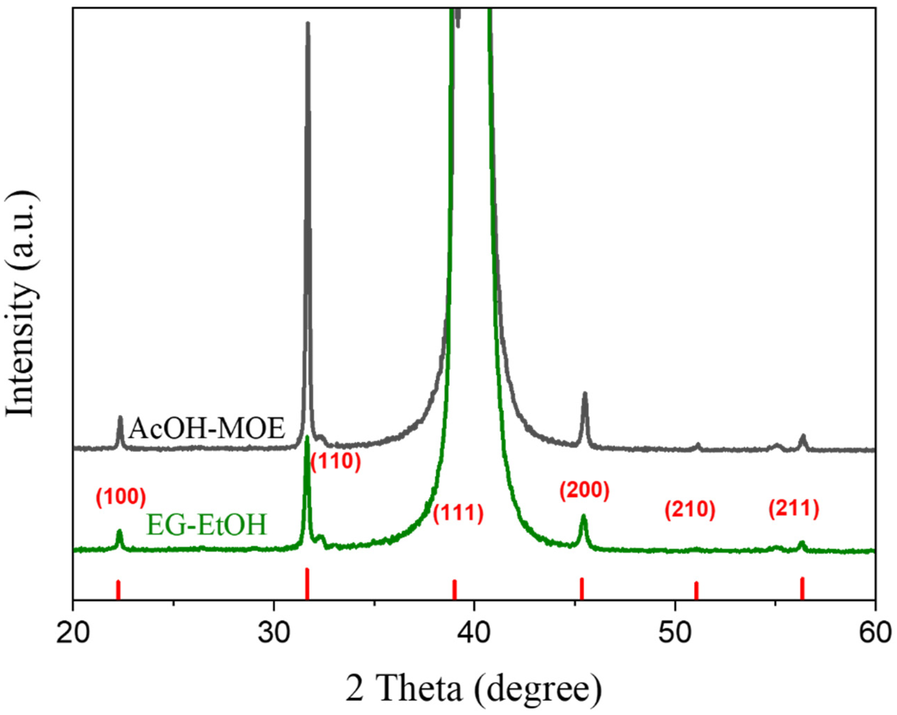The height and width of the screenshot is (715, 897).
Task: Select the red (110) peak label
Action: [335, 462]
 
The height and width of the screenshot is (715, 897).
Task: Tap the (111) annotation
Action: [458, 514]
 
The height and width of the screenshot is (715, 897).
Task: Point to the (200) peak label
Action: [584, 491]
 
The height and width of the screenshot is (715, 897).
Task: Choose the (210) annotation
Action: [690, 510]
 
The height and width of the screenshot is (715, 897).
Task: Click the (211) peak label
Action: [793, 509]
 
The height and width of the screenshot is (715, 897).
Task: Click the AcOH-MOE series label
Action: [207, 429]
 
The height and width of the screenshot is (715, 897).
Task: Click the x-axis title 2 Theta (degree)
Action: [474, 688]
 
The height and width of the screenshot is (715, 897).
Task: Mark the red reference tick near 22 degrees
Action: [118, 589]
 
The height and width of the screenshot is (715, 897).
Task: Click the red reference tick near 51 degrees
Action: [696, 590]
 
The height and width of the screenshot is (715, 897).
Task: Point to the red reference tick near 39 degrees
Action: [455, 589]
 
